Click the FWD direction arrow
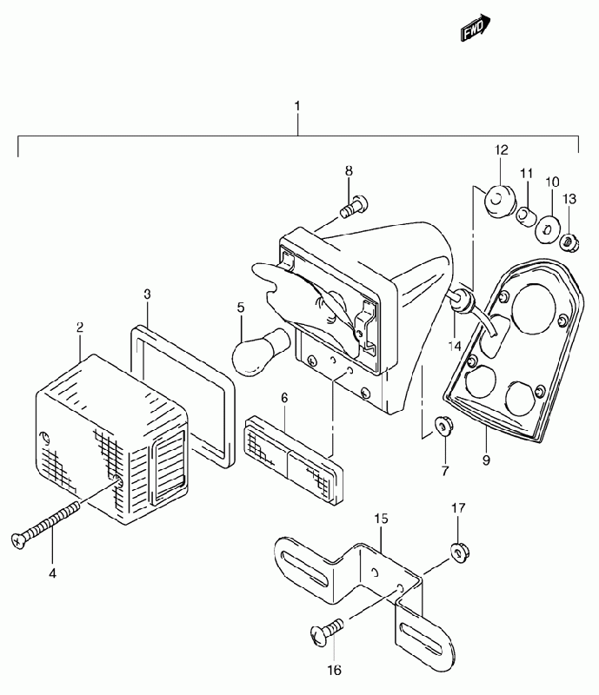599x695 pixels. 476,28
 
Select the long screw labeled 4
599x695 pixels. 45,526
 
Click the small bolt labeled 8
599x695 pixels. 354,207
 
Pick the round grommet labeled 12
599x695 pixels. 500,202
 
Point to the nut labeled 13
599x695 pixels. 569,243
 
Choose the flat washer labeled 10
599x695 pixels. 546,230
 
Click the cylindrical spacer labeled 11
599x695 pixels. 526,216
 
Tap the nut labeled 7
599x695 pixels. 443,427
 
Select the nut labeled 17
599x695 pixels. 460,553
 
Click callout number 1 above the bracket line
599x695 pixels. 296,106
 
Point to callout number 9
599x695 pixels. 486,460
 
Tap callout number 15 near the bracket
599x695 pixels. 381,518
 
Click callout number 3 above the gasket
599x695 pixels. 147,295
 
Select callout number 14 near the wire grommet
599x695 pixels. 455,346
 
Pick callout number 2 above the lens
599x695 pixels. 79,328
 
